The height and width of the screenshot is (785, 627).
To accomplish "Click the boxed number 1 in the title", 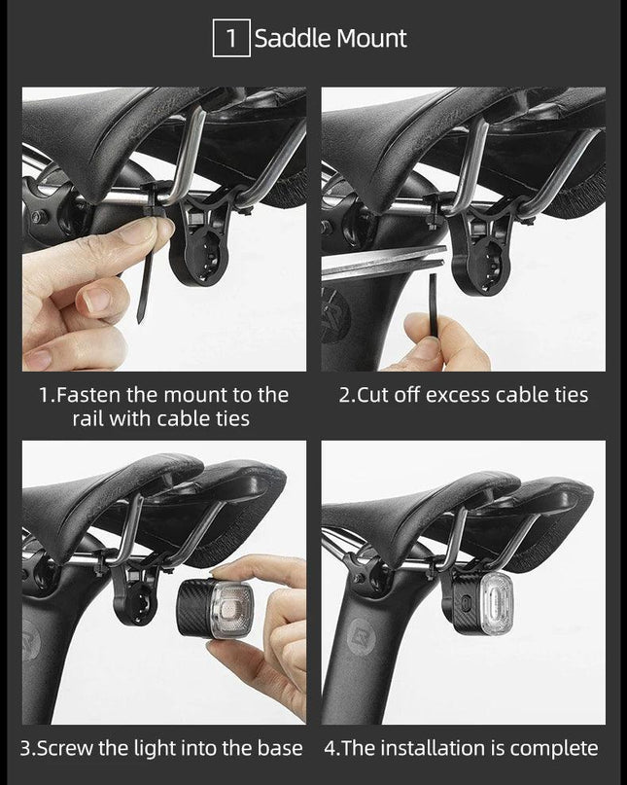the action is [x=231, y=38].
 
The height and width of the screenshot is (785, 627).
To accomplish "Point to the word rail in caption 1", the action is [x=87, y=418].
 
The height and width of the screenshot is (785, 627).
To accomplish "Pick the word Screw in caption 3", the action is [x=65, y=748].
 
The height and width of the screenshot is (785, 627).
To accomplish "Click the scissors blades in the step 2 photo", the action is [x=383, y=263].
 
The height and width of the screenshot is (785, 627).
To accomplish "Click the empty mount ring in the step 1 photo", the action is [x=199, y=255].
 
